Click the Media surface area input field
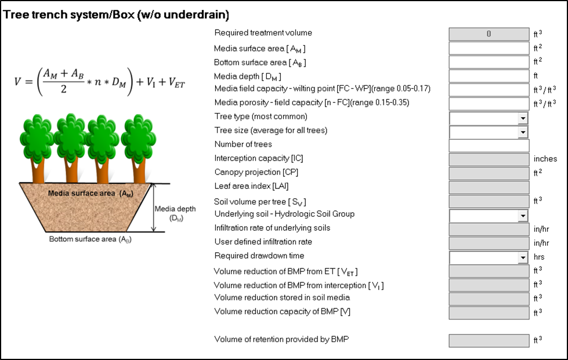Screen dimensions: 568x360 pos(489,48)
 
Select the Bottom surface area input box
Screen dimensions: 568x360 pos(489,62)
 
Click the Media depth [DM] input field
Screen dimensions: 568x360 pos(489,76)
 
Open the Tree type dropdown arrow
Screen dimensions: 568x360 pos(522,118)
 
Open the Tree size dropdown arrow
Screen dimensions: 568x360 pos(522,132)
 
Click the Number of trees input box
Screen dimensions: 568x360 pos(489,146)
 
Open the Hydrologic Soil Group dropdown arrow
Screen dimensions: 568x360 pos(522,216)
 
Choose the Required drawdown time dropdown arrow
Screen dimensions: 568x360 pos(522,257)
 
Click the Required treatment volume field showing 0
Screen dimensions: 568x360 pos(489,34)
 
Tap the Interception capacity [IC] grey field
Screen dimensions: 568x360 pos(489,159)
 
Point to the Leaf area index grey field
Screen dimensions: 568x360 pos(489,187)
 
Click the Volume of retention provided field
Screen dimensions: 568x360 pos(489,341)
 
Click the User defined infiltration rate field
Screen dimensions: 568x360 pos(489,243)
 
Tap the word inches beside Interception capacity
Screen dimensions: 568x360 pos(545,159)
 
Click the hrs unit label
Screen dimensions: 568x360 pos(539,257)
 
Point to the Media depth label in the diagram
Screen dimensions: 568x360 pos(175,213)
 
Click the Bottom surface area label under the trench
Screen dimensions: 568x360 pos(90,239)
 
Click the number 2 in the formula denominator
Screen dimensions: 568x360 pos(64,89)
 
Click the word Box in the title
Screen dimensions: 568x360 pos(124,14)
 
